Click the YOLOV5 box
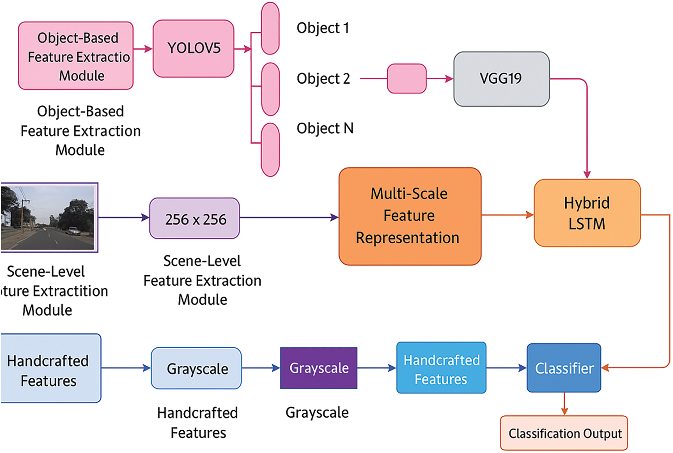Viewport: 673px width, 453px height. coord(193,48)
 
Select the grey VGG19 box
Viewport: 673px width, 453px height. coord(501,79)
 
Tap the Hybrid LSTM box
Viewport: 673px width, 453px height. coord(587,213)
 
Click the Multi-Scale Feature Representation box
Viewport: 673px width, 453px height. coord(410,216)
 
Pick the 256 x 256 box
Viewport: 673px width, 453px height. coord(195,218)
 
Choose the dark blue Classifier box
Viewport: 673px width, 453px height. coord(563,368)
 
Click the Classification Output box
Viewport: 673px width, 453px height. coord(564,433)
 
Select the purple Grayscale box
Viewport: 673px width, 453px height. coord(318,368)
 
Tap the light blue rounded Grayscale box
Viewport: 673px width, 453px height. coord(196,368)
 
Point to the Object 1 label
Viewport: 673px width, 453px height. coord(322,28)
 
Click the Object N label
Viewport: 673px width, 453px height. coord(325,128)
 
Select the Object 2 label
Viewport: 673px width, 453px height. coord(323,79)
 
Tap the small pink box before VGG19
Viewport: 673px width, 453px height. coord(406,79)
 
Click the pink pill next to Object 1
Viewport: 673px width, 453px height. coord(270,28)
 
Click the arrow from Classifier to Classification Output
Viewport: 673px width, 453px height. coord(564,403)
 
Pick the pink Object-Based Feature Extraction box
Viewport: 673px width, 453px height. coord(76,56)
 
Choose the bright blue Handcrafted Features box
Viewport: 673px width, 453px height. coord(441,368)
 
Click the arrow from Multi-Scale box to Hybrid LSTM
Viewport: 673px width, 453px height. coord(508,215)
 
